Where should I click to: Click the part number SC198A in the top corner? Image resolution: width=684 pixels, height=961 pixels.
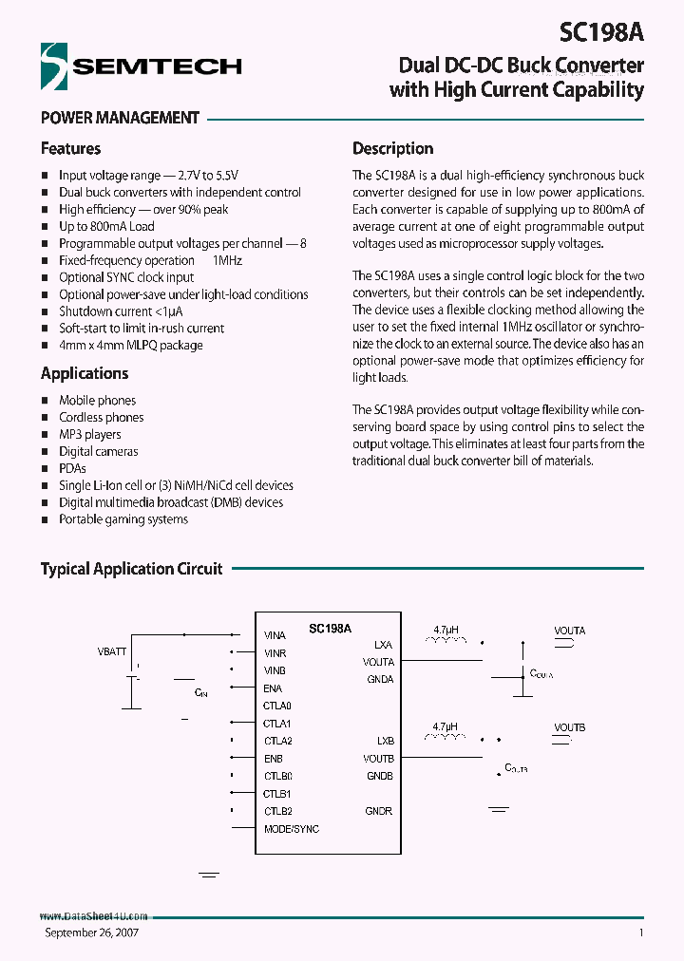(602, 32)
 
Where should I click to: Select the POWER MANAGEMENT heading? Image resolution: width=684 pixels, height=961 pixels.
(120, 119)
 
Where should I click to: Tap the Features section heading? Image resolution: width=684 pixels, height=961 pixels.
(70, 149)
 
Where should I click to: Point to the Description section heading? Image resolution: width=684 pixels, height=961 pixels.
(392, 149)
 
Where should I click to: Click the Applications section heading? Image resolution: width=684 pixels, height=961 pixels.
(85, 374)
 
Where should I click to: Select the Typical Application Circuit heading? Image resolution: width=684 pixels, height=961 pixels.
(131, 569)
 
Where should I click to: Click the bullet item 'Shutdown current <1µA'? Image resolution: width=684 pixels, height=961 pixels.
(121, 311)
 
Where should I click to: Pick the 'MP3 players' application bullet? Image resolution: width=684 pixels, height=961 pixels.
(90, 435)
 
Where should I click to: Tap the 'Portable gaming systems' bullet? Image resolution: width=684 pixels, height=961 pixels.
(123, 519)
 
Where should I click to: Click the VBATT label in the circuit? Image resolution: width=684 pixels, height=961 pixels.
(111, 652)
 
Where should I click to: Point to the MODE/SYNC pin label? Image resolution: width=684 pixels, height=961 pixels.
(291, 829)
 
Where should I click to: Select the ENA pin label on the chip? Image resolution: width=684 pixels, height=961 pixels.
(273, 688)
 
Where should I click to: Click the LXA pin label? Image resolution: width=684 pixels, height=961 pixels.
(384, 645)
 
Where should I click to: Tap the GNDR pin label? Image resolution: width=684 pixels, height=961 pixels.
(379, 812)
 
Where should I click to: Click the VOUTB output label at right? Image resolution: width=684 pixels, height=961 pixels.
(570, 727)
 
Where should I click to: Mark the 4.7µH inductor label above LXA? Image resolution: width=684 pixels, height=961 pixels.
(446, 630)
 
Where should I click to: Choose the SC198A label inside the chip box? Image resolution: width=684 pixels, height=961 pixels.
(330, 629)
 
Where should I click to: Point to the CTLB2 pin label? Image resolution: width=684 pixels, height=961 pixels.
(277, 812)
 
